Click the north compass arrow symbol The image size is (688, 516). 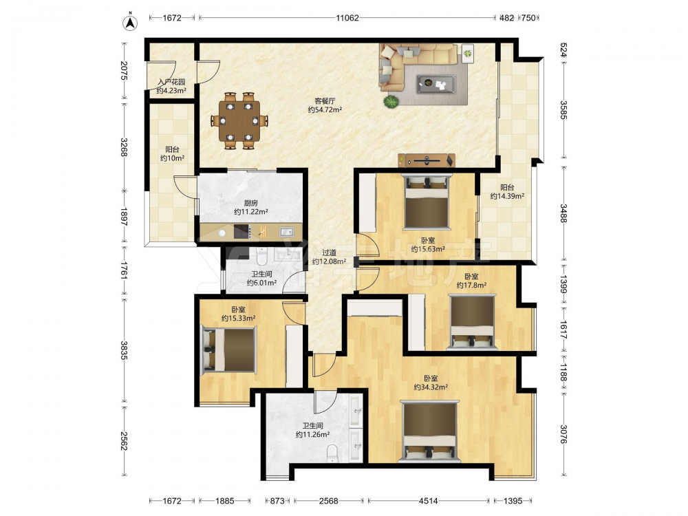click(x=130, y=23)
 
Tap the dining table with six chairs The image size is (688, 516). click(x=239, y=120)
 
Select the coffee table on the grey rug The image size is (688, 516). click(x=436, y=84)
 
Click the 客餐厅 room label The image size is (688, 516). click(x=325, y=101)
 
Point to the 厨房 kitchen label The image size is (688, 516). click(x=250, y=203)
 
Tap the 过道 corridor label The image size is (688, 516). click(x=329, y=252)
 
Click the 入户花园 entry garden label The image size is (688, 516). click(x=171, y=82)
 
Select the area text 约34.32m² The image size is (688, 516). click(x=431, y=387)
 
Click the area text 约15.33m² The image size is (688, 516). click(x=238, y=318)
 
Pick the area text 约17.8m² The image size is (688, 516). click(x=471, y=286)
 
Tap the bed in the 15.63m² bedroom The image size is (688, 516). click(x=427, y=201)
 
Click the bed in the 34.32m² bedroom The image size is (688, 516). click(x=429, y=431)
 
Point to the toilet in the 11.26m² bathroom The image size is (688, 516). click(x=333, y=453)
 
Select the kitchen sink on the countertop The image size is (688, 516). click(x=286, y=231)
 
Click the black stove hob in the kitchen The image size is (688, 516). click(x=242, y=232)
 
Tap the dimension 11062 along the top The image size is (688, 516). click(x=347, y=18)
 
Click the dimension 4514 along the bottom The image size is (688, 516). click(x=428, y=501)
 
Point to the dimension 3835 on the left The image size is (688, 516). click(x=124, y=350)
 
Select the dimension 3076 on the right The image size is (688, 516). click(x=563, y=433)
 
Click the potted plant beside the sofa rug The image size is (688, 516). click(x=391, y=101)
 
